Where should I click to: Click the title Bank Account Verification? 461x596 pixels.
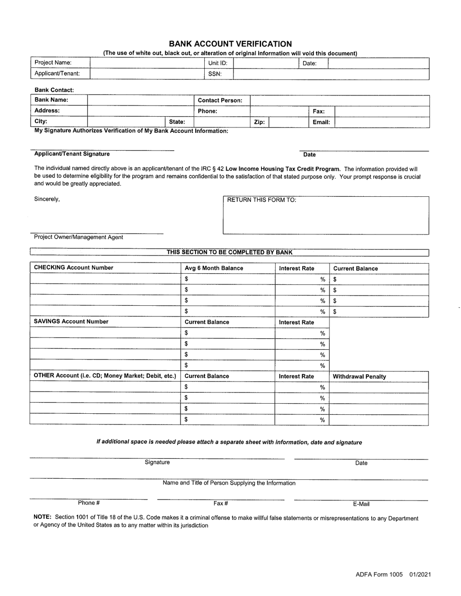(x=230, y=44)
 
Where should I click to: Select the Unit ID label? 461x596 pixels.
(x=217, y=63)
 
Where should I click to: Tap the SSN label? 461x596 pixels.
(x=214, y=74)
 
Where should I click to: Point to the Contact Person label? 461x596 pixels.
(x=220, y=100)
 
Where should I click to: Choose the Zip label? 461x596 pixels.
(x=259, y=122)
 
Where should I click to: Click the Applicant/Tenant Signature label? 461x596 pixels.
(x=72, y=154)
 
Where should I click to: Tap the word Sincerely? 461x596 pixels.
(x=47, y=199)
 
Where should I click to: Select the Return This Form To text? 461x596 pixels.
(x=262, y=200)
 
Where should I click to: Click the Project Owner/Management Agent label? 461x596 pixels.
(x=78, y=237)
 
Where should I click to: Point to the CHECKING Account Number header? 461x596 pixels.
(x=73, y=268)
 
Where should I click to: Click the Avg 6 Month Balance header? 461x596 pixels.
(x=214, y=268)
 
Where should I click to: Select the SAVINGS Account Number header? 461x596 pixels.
(x=71, y=322)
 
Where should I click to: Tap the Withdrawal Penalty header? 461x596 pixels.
(x=359, y=376)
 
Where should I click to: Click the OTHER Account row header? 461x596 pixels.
(x=105, y=376)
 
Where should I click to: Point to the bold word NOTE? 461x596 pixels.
(x=43, y=518)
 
